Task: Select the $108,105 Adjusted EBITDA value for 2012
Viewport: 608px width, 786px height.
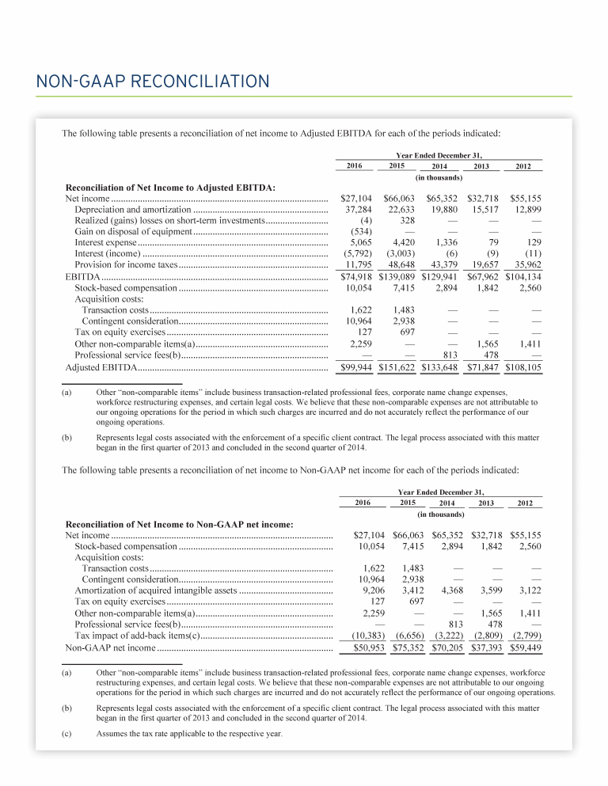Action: click(x=522, y=368)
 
